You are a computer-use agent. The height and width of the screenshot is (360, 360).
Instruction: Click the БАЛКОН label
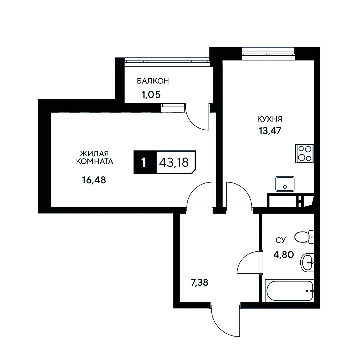[153, 81]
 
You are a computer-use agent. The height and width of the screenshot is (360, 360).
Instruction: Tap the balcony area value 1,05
[151, 95]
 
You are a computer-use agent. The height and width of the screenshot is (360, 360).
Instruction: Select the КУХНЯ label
[270, 119]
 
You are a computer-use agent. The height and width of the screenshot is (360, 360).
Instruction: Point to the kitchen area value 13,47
[270, 131]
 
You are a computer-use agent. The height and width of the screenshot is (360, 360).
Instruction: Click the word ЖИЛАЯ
[94, 153]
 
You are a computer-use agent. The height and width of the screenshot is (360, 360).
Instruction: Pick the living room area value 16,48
[94, 180]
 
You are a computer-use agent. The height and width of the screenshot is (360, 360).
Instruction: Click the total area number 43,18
[174, 163]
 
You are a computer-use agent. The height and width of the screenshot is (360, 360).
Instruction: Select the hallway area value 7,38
[199, 283]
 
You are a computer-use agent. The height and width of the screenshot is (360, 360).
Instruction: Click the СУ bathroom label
[280, 240]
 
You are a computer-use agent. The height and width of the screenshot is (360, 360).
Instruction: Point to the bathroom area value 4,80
[283, 255]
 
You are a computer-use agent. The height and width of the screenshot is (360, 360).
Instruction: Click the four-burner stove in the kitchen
[304, 154]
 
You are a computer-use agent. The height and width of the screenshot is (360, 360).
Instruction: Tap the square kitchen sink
[285, 184]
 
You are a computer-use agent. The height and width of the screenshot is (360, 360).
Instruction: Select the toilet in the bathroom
[304, 237]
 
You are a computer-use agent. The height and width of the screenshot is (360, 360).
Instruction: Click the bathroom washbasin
[307, 263]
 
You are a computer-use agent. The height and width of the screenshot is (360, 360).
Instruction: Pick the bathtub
[289, 290]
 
